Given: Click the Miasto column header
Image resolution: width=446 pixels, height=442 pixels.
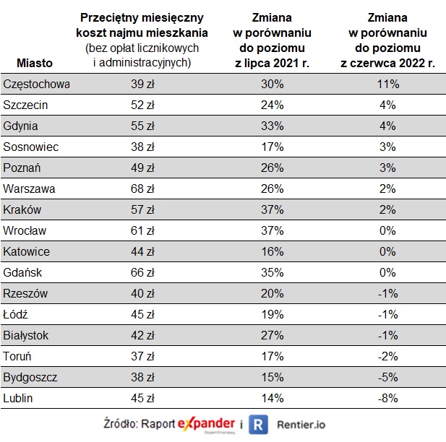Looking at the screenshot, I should [x=34, y=64].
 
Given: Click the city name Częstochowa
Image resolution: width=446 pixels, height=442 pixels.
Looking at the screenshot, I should [x=36, y=84].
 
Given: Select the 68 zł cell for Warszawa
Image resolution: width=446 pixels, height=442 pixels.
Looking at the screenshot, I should [x=142, y=189].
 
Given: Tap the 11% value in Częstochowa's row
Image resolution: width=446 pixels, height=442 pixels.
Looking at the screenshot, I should [x=387, y=84].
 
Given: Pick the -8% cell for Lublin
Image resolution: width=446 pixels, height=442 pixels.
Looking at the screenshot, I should [x=387, y=398].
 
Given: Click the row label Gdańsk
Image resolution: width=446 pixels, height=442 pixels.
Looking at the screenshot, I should [x=23, y=272].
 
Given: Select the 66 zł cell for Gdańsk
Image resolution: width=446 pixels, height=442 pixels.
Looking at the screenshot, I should [x=142, y=272].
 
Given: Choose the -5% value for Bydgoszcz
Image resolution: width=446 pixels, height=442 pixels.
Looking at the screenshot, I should [x=387, y=377].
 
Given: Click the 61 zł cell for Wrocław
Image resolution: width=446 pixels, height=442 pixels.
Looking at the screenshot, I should [x=142, y=231].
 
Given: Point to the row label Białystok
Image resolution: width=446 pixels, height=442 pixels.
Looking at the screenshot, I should [x=27, y=335].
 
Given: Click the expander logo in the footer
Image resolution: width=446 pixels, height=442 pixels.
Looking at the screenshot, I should [x=207, y=424].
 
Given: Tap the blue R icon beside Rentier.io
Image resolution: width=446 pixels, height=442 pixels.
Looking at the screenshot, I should [x=258, y=425].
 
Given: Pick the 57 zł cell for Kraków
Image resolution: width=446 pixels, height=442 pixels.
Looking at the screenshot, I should [x=142, y=210].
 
